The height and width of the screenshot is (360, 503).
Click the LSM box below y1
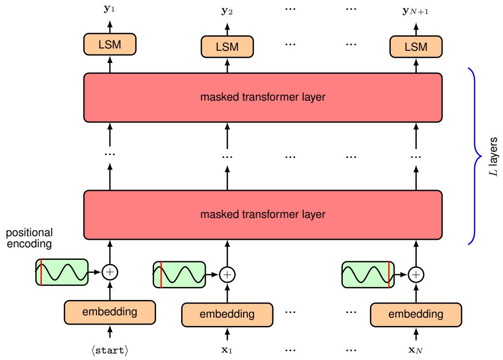[110, 44]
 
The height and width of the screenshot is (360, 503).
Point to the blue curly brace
[475, 156]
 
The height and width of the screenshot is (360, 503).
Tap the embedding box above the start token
[110, 312]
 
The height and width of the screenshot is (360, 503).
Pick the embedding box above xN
[416, 314]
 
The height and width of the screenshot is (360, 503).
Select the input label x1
[227, 348]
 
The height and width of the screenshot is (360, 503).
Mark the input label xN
[416, 348]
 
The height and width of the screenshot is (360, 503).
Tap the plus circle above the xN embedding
[416, 275]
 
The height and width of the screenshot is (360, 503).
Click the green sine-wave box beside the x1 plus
[179, 275]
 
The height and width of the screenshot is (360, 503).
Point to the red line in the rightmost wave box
[388, 275]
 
